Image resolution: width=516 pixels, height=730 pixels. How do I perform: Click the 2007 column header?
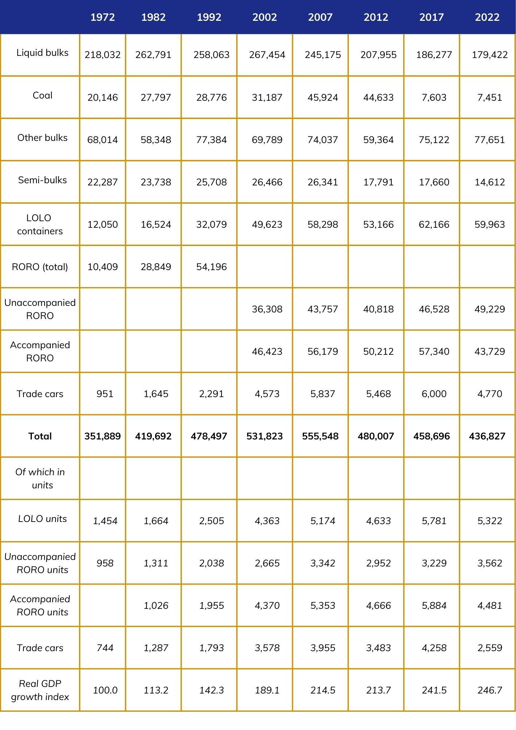pos(320,17)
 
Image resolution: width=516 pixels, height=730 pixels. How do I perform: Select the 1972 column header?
pos(103,17)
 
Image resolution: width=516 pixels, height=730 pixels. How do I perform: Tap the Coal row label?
pos(42,96)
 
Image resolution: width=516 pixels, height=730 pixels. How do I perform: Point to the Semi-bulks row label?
pos(42,180)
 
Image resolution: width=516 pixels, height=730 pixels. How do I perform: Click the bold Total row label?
pos(40,436)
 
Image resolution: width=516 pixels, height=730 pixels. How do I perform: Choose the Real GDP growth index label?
pos(40,690)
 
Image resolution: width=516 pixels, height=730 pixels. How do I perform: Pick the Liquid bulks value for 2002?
pos(267,55)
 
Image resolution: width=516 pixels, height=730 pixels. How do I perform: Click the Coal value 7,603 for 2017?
pos(434,97)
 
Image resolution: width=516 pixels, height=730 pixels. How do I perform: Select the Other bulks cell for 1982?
pos(156,140)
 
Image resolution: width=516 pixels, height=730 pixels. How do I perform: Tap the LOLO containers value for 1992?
pos(211,224)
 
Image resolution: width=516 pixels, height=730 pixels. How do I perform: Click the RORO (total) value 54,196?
pos(211,267)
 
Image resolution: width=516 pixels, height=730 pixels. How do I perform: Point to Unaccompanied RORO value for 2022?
pos(490,309)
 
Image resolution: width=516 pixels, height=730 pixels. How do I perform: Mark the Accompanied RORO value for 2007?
pos(323,351)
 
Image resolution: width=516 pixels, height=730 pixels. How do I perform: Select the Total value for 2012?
pos(376,436)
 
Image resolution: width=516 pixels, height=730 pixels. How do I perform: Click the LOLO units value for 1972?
pos(105,521)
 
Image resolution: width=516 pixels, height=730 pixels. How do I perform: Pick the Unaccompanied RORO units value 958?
pos(105,563)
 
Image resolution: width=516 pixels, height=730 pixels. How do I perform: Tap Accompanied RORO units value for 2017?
pos(434,606)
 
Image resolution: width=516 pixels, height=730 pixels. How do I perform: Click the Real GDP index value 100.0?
pos(105,690)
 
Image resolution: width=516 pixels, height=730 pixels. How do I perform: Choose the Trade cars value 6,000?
pos(434,394)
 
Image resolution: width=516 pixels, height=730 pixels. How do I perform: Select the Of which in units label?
pos(40,479)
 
